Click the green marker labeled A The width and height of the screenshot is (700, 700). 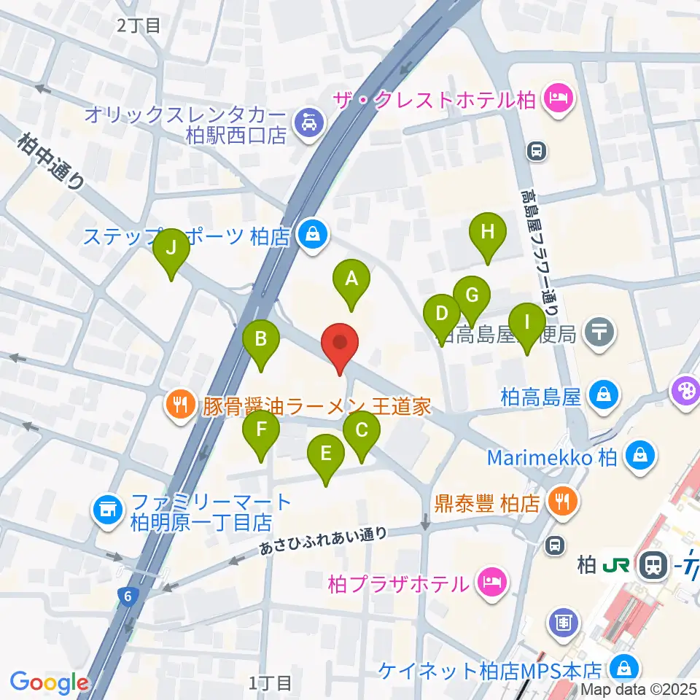pyautogui.click(x=351, y=279)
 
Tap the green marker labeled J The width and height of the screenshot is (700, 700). pyautogui.click(x=171, y=248)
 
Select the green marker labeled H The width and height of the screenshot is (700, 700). pyautogui.click(x=489, y=233)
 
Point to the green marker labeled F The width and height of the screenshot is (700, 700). pyautogui.click(x=261, y=429)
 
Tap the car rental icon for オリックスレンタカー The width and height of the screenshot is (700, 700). pyautogui.click(x=309, y=122)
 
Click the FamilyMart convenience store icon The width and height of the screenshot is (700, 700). pyautogui.click(x=108, y=508)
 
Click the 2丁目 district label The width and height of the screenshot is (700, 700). pyautogui.click(x=139, y=26)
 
